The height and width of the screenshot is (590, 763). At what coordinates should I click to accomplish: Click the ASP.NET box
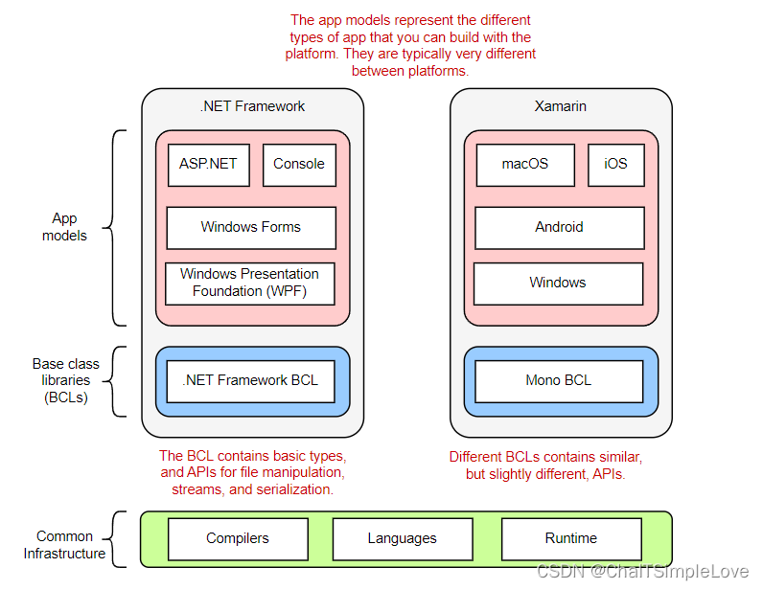(209, 164)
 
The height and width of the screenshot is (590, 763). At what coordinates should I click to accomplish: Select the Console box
(299, 164)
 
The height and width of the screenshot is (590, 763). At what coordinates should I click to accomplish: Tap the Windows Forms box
(251, 227)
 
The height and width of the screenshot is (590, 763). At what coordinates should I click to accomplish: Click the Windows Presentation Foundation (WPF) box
(250, 283)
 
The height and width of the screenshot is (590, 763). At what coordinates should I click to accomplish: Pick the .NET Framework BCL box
(251, 380)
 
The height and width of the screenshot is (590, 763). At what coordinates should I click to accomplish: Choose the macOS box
(525, 164)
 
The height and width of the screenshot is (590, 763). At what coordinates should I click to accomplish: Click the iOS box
(615, 164)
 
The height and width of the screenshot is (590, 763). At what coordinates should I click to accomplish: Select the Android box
(559, 227)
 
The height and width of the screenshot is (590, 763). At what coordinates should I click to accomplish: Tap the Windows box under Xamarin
(558, 283)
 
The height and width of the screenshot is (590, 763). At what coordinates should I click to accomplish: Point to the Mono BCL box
(559, 380)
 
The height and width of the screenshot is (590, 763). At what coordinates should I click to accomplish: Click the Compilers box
(238, 538)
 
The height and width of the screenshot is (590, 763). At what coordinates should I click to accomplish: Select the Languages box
(403, 538)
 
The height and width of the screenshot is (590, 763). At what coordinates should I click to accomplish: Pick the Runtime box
(571, 538)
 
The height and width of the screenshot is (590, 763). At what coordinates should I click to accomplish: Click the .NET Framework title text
(253, 106)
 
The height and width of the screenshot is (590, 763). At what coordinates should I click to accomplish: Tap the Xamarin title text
(561, 106)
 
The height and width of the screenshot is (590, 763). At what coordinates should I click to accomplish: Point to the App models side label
(64, 227)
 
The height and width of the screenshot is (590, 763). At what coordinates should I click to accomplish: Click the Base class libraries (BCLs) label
(65, 380)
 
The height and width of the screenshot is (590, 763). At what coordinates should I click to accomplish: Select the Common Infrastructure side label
(65, 545)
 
